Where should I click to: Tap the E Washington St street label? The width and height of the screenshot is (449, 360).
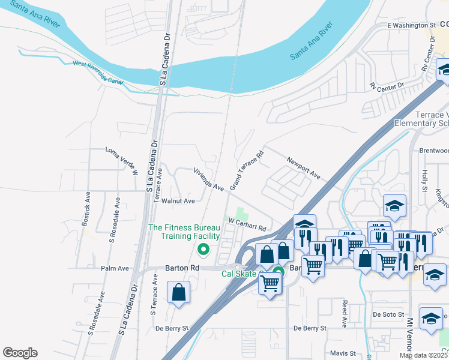pyautogui.click(x=411, y=26)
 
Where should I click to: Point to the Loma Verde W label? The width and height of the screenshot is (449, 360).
pyautogui.click(x=122, y=161)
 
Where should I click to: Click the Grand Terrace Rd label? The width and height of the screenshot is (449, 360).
pyautogui.click(x=247, y=170)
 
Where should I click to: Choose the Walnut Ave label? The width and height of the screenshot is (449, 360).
pyautogui.click(x=181, y=201)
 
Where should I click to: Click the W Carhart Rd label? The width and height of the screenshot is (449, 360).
pyautogui.click(x=246, y=224)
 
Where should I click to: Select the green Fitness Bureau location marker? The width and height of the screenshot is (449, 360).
pyautogui.click(x=203, y=250)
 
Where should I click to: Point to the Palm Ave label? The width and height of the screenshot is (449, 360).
pyautogui.click(x=115, y=268)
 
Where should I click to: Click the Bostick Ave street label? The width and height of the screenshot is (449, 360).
pyautogui.click(x=88, y=205)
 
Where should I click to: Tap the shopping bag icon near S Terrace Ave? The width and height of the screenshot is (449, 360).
pyautogui.click(x=179, y=293)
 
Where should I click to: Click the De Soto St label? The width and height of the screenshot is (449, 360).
pyautogui.click(x=385, y=314)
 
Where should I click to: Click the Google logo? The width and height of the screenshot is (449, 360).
pyautogui.click(x=20, y=353)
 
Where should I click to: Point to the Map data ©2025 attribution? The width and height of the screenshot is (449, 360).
pyautogui.click(x=423, y=355)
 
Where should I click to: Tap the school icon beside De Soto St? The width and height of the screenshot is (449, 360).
pyautogui.click(x=431, y=319)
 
